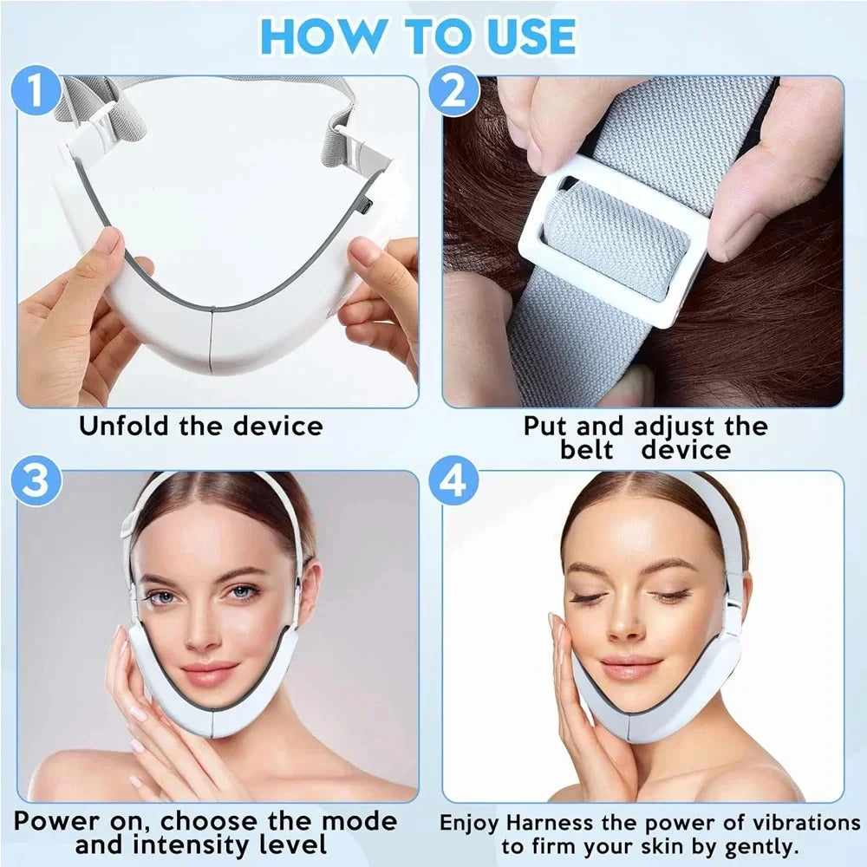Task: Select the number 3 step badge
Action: coord(36,482)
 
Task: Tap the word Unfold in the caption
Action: coord(124,427)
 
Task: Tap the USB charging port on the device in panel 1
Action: coord(366,206)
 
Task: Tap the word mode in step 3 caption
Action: coord(357,821)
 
